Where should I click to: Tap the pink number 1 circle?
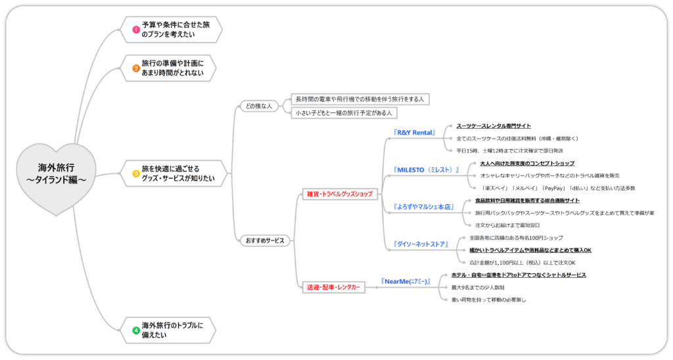pyautogui.click(x=136, y=30)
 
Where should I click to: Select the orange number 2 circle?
pyautogui.click(x=136, y=68)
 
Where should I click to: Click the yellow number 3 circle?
pyautogui.click(x=136, y=173)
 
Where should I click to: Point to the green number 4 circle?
pyautogui.click(x=136, y=330)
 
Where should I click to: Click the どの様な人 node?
pyautogui.click(x=258, y=106)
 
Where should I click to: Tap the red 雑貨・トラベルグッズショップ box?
pyautogui.click(x=339, y=194)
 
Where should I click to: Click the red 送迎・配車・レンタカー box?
pyautogui.click(x=334, y=287)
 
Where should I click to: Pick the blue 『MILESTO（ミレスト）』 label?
pyautogui.click(x=426, y=169)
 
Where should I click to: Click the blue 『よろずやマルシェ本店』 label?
pyautogui.click(x=424, y=206)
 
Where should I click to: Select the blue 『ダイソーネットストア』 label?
pyautogui.click(x=421, y=244)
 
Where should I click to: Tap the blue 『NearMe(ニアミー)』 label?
pyautogui.click(x=406, y=281)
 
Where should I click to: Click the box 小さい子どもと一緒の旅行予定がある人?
pyautogui.click(x=344, y=112)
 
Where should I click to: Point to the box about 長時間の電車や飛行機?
pyautogui.click(x=360, y=99)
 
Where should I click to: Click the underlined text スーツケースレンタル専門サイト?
pyautogui.click(x=494, y=125)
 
